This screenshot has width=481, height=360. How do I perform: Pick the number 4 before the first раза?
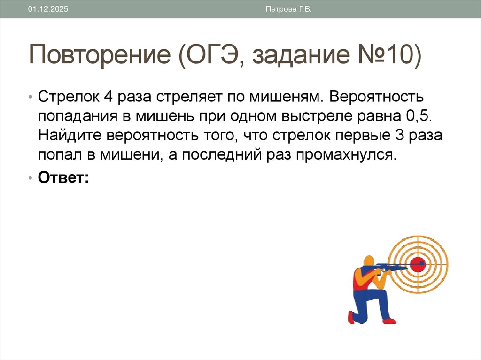coord(107,97)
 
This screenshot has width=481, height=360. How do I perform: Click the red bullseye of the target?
coord(417,264)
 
